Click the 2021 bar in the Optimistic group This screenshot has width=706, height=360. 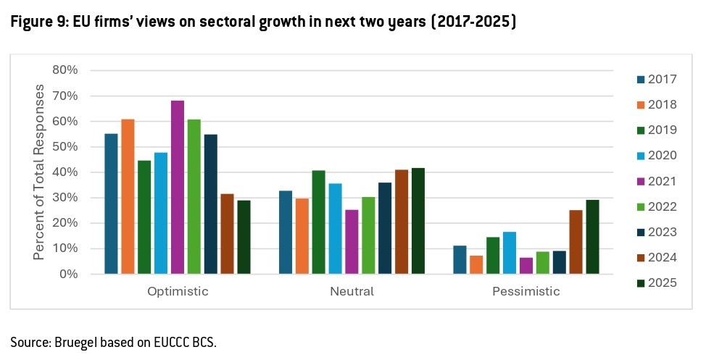click(178, 187)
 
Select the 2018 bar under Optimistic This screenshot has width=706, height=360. click(128, 196)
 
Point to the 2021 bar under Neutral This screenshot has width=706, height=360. click(352, 241)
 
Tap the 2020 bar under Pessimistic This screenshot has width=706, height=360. click(510, 253)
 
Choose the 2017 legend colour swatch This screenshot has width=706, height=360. click(640, 80)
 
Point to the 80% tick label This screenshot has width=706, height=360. click(65, 70)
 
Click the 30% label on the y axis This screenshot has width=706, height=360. click(65, 198)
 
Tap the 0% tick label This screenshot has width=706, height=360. click(68, 274)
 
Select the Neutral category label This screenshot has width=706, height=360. click(352, 292)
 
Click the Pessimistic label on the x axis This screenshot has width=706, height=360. click(526, 292)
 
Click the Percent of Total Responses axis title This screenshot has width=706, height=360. click(41, 172)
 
